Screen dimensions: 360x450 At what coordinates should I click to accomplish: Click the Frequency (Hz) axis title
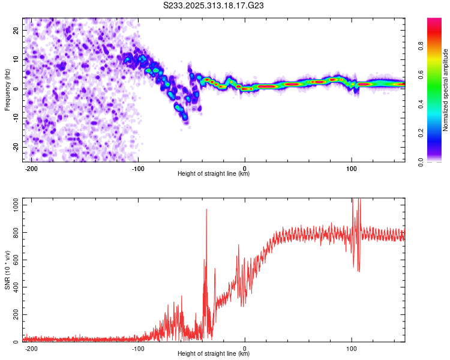(7, 89)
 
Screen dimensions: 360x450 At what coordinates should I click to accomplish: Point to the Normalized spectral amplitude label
(445, 89)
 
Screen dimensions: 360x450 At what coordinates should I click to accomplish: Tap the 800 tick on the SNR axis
(15, 232)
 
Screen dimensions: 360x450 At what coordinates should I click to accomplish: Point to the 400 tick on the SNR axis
(15, 287)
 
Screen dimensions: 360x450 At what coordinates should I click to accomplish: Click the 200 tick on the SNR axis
(15, 314)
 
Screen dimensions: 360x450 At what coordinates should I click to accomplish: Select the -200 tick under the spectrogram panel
(32, 167)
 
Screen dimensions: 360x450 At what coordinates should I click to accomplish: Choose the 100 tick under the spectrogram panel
(351, 167)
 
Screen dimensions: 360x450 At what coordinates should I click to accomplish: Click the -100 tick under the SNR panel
(139, 348)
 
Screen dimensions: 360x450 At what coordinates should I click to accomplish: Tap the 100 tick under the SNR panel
(351, 348)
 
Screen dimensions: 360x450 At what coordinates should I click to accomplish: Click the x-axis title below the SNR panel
(214, 354)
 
